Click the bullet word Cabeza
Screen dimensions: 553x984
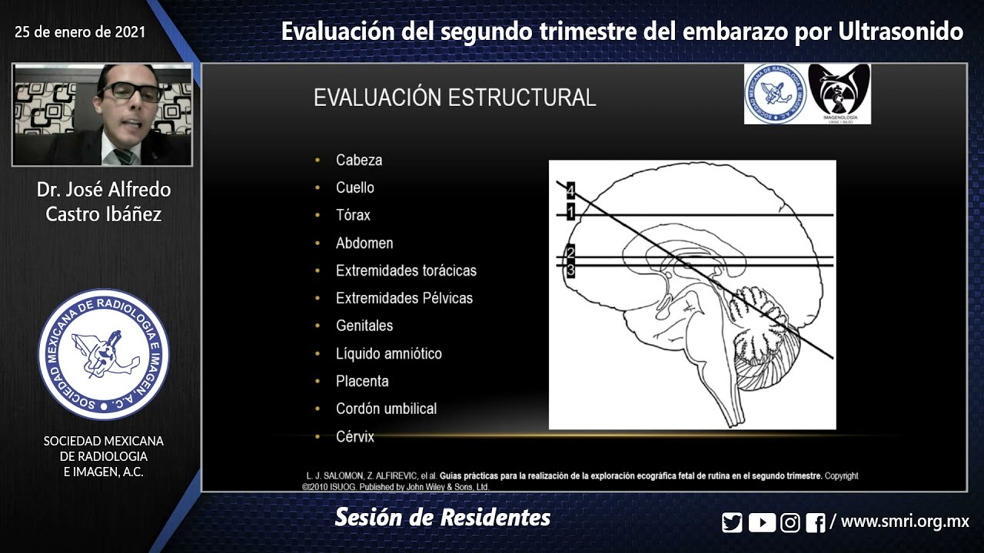(x=359, y=160)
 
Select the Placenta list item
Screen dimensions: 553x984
(x=362, y=381)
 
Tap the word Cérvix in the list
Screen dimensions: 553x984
(x=355, y=436)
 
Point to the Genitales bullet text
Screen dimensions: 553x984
(x=364, y=326)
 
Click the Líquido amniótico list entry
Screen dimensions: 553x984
(x=388, y=353)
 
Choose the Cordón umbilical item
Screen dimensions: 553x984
(x=386, y=409)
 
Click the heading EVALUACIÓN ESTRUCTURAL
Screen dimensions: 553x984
(x=454, y=98)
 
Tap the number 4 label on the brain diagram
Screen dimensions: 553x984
(x=570, y=190)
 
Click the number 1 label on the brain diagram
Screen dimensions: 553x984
(x=570, y=211)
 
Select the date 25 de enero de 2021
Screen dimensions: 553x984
(x=80, y=32)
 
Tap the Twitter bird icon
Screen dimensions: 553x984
(x=732, y=523)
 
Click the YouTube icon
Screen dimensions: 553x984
(x=761, y=523)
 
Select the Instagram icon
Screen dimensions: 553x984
(x=790, y=523)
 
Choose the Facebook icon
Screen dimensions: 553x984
(x=816, y=523)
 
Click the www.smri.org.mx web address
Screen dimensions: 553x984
(x=905, y=522)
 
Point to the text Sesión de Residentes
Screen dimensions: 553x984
(x=443, y=518)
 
